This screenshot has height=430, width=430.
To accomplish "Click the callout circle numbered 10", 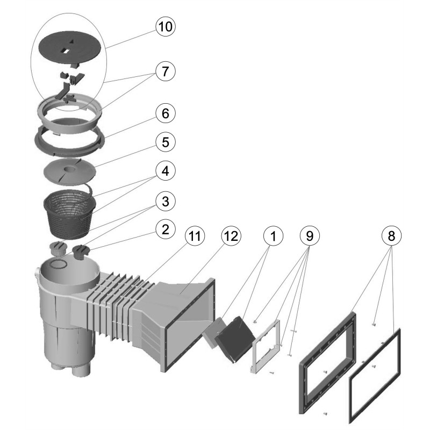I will coord(166,26).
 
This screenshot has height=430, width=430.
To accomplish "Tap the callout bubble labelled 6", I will coord(166,114).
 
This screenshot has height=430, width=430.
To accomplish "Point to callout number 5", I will coord(166,143).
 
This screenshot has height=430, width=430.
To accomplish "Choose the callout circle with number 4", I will coord(166,172).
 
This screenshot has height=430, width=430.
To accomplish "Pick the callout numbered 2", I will coord(166,230).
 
